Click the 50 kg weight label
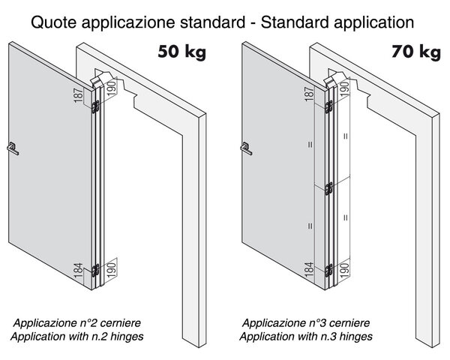point(182,52)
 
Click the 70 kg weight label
point(416,52)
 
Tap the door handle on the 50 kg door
point(13,148)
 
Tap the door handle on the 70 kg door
point(246,148)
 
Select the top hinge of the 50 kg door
point(95,106)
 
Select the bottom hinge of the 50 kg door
point(95,271)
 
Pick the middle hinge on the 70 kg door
point(329,188)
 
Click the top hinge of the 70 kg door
point(329,106)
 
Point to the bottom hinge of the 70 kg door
point(329,271)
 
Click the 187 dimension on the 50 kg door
point(78,94)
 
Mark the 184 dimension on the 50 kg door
point(78,271)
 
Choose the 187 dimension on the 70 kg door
point(309,94)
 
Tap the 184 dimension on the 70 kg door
point(309,269)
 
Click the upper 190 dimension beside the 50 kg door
point(112,88)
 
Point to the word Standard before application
point(295,22)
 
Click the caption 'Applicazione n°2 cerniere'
point(77,323)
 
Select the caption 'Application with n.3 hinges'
point(306,336)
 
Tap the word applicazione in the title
point(128,22)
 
